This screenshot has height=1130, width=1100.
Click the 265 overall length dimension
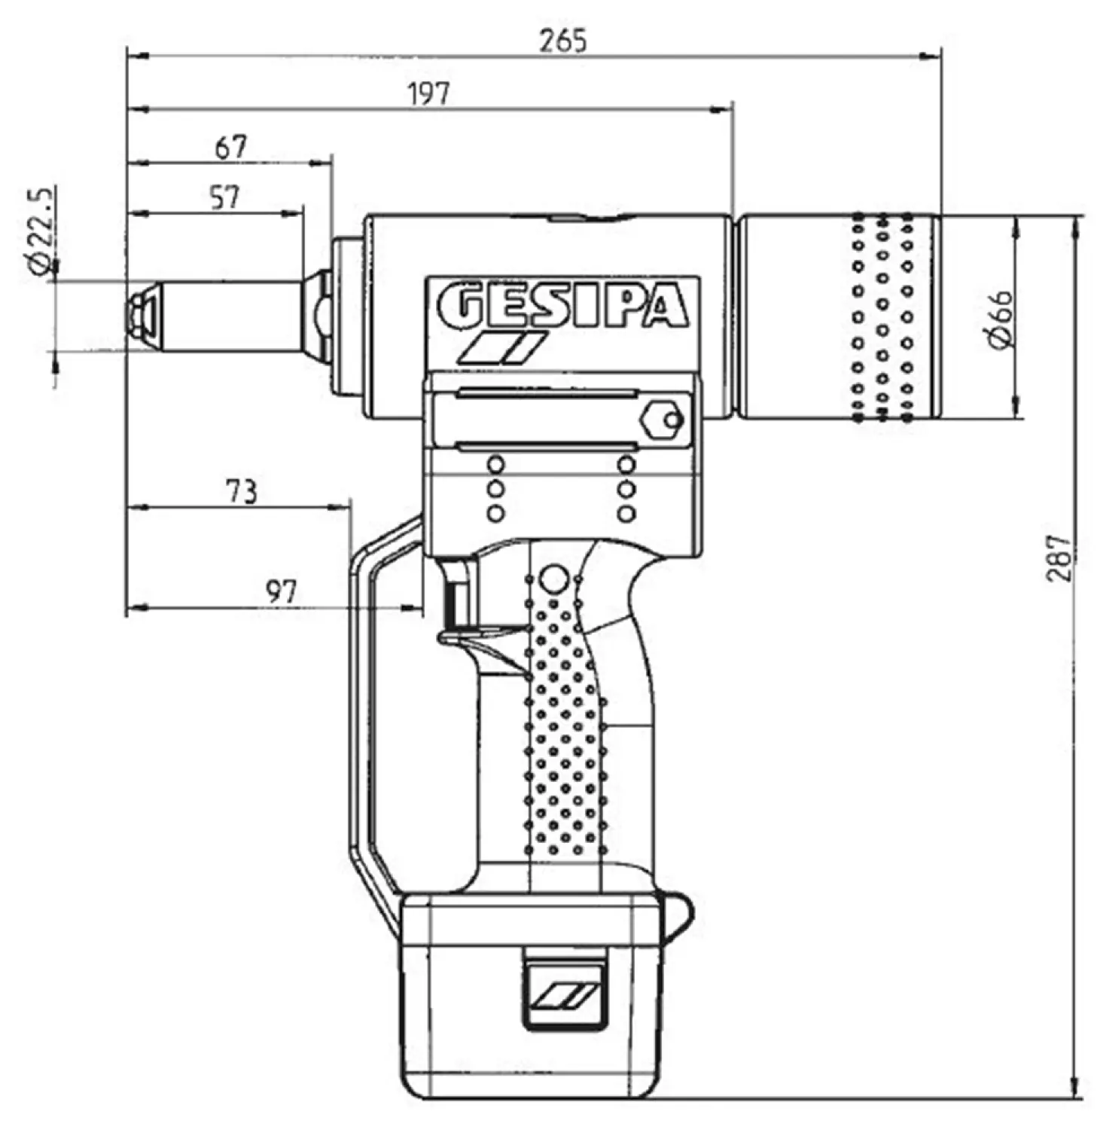pyautogui.click(x=562, y=40)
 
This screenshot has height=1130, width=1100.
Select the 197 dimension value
pyautogui.click(x=429, y=94)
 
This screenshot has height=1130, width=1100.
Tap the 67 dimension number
pyautogui.click(x=230, y=147)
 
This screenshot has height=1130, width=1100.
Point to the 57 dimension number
pyautogui.click(x=224, y=197)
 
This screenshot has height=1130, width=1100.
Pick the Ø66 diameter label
pyautogui.click(x=1001, y=319)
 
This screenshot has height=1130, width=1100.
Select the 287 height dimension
pyautogui.click(x=1059, y=557)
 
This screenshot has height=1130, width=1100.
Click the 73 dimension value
pyautogui.click(x=241, y=492)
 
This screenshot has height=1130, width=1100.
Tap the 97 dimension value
pyautogui.click(x=281, y=592)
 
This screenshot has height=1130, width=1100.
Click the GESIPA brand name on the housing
pyautogui.click(x=562, y=305)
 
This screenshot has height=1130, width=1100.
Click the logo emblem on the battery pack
pyautogui.click(x=565, y=996)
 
